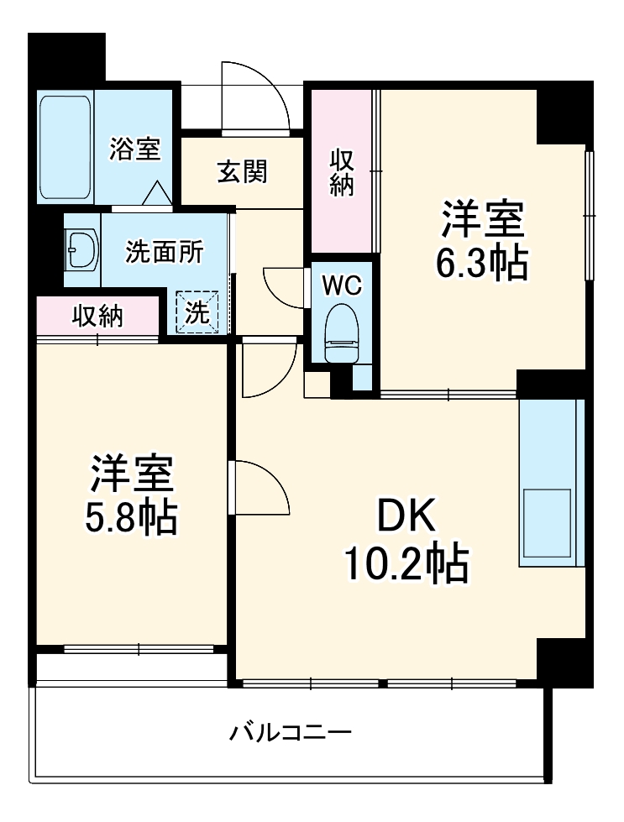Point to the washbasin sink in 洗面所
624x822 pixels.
(x=81, y=249)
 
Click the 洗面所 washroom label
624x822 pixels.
(x=164, y=251)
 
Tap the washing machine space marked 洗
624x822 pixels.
(x=196, y=312)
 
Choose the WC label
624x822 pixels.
(x=342, y=285)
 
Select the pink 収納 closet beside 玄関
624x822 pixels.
(x=341, y=172)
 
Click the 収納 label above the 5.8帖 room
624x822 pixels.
(x=97, y=316)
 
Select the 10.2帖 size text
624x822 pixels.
(x=404, y=564)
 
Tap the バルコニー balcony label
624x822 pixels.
(x=291, y=733)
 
